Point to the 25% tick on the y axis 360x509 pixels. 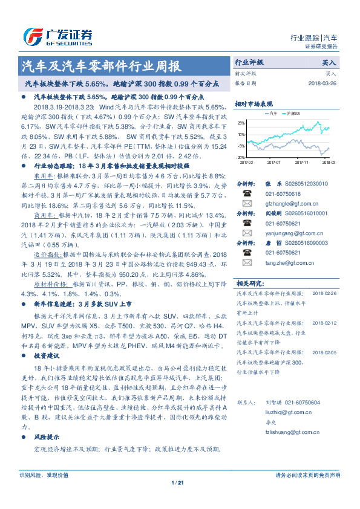pos(241,123)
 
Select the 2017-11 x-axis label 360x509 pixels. pos(302,162)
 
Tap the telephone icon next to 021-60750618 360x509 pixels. pos(247,193)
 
